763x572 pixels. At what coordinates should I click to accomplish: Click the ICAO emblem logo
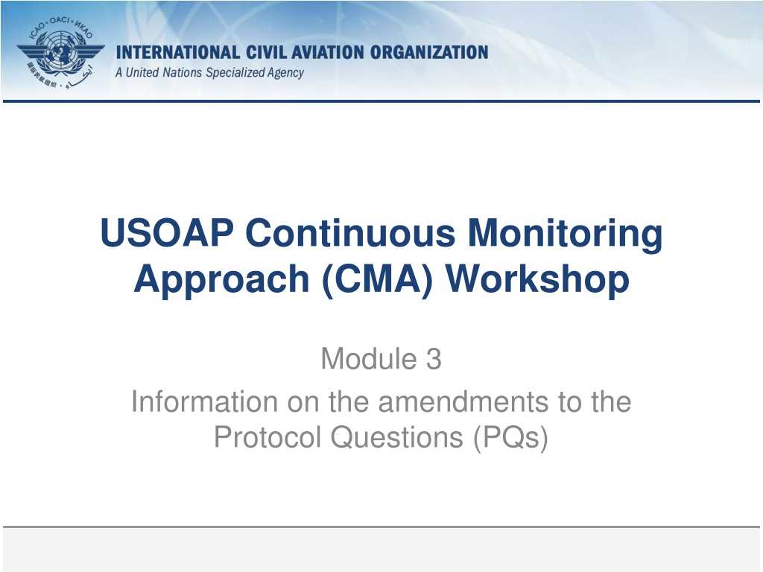pyautogui.click(x=61, y=54)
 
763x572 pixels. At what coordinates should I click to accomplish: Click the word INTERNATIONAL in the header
pyautogui.click(x=177, y=53)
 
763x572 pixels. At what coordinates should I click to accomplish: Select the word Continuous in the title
pyautogui.click(x=350, y=233)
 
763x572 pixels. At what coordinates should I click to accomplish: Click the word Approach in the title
pyautogui.click(x=222, y=280)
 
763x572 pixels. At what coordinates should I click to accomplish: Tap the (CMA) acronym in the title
pyautogui.click(x=377, y=280)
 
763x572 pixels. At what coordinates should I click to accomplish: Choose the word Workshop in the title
pyautogui.click(x=537, y=280)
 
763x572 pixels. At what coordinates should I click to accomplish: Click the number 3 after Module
pyautogui.click(x=434, y=359)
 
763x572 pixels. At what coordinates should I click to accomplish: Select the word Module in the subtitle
pyautogui.click(x=368, y=359)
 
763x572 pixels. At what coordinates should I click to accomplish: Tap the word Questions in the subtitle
pyautogui.click(x=397, y=436)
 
